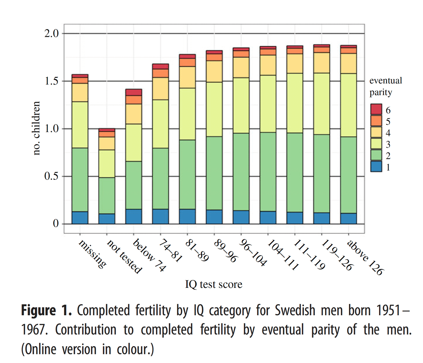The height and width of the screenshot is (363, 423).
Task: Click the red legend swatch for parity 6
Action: pyautogui.click(x=376, y=109)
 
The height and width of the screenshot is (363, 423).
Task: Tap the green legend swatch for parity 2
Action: pyautogui.click(x=376, y=155)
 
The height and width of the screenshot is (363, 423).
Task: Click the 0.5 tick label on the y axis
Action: pyautogui.click(x=51, y=177)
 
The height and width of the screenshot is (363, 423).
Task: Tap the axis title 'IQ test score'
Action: pyautogui.click(x=213, y=284)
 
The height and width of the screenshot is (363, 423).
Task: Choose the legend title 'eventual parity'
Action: pyautogui.click(x=385, y=87)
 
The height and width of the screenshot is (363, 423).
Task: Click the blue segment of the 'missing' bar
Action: pyautogui.click(x=80, y=218)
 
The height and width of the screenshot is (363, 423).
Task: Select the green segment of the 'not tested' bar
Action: pyautogui.click(x=107, y=195)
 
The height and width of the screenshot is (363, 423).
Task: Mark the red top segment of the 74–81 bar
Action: pyautogui.click(x=161, y=66)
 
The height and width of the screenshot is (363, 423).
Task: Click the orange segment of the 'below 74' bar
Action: pyautogui.click(x=134, y=99)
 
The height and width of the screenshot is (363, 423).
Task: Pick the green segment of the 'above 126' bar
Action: pyautogui.click(x=349, y=175)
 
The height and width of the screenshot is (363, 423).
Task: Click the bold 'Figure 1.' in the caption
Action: pyautogui.click(x=46, y=311)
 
